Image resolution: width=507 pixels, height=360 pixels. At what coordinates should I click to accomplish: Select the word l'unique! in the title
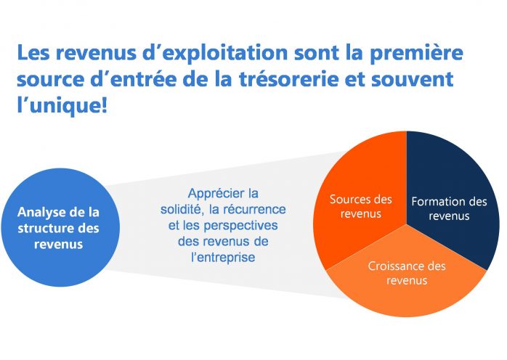[x=62, y=106]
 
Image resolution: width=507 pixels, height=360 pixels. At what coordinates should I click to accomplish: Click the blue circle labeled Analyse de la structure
[x=60, y=227]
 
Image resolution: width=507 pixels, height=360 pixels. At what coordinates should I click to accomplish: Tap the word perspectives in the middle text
[x=240, y=226]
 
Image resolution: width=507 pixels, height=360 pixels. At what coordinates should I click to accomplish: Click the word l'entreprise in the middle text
[x=223, y=258]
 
